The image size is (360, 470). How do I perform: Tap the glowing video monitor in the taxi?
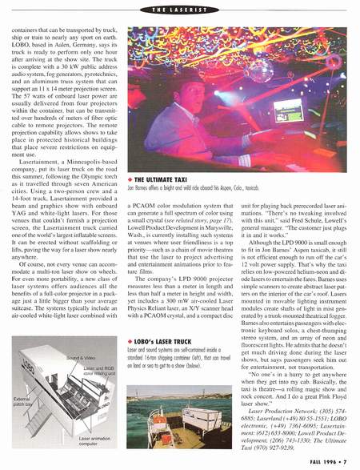pos(289,110)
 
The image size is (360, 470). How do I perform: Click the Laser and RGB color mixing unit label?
pos(101,371)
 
